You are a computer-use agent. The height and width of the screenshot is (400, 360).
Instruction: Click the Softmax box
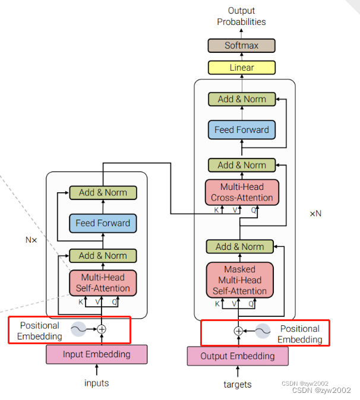[241, 46]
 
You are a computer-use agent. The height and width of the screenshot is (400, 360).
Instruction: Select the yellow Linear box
[241, 68]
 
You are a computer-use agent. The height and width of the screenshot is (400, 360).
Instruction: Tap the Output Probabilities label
[241, 16]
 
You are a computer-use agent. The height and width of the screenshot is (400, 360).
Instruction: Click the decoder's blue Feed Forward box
[241, 130]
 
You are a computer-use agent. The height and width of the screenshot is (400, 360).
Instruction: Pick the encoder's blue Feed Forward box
[103, 223]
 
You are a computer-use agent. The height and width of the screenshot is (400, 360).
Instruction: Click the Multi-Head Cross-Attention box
[241, 192]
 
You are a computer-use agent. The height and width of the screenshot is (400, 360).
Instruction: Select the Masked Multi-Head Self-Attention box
[239, 280]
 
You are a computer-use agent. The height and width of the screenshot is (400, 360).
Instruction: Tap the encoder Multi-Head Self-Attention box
[103, 282]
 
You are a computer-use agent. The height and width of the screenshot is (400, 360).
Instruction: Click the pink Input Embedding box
[97, 354]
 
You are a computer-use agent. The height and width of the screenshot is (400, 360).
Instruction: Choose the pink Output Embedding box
[238, 356]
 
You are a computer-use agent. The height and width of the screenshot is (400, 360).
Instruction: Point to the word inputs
[97, 383]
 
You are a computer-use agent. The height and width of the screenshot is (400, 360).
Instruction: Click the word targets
[238, 385]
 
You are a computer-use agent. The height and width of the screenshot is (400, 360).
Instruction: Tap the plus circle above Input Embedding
[102, 329]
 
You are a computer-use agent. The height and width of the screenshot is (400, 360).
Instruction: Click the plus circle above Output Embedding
[238, 331]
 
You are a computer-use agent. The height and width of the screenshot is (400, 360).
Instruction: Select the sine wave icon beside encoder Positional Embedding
[78, 329]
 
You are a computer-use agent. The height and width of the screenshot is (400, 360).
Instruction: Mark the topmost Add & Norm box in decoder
[241, 99]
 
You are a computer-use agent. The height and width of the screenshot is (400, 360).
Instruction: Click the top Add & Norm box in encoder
[103, 192]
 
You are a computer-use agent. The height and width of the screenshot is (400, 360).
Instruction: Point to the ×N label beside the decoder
[315, 213]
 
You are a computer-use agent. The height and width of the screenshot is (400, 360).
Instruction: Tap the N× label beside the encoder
[31, 240]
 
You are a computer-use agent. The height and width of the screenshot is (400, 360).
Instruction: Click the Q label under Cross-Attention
[254, 209]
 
